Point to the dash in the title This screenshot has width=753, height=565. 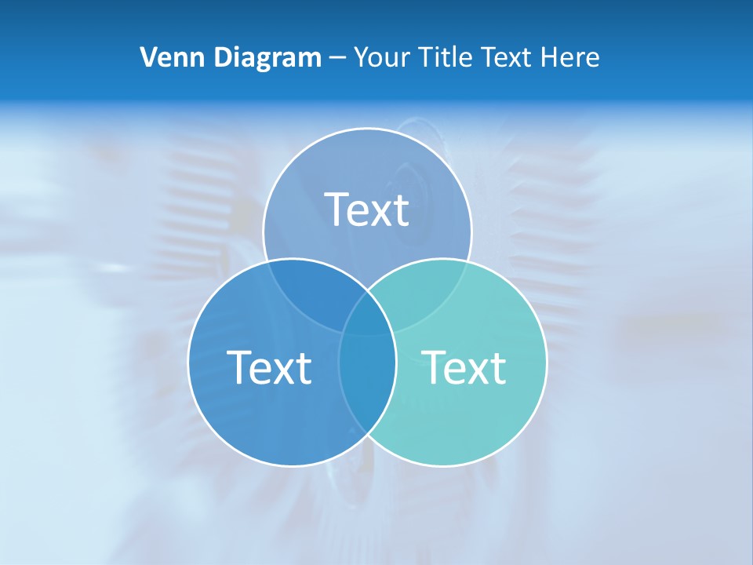(x=337, y=58)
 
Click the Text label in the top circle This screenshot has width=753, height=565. (x=367, y=210)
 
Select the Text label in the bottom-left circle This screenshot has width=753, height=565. (x=269, y=367)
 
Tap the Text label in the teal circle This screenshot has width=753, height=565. (x=464, y=367)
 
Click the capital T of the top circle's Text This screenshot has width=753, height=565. (x=336, y=210)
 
